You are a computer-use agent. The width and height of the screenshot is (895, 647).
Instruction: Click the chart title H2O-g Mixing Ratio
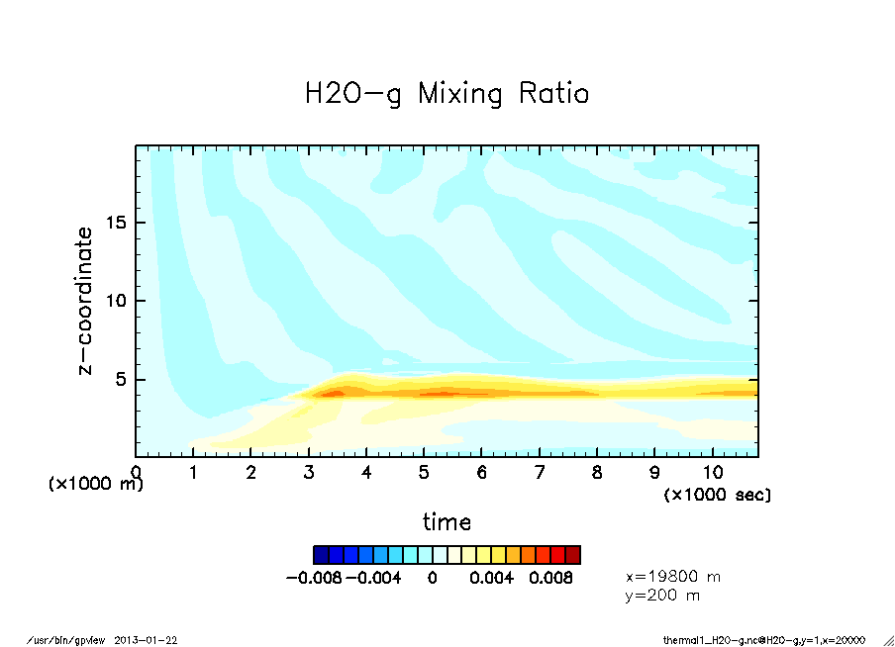pos(447,94)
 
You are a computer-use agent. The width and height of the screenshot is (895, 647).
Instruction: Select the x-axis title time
pos(447,522)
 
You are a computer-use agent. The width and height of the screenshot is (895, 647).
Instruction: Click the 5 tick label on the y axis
pos(124,379)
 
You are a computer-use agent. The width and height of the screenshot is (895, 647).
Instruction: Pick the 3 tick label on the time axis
pos(309,473)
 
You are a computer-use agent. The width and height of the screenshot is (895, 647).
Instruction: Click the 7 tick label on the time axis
pos(540,473)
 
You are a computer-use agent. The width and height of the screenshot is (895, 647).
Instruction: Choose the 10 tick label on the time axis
pos(712,473)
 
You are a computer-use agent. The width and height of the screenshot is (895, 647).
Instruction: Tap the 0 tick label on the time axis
pos(137,473)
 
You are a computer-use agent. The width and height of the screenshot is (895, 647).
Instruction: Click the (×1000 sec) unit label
pos(717,494)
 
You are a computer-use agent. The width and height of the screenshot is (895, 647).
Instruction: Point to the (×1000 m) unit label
pos(96,484)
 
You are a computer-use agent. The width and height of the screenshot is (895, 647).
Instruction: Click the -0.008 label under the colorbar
pos(313,578)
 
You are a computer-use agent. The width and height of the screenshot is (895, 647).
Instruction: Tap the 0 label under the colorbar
pos(433,578)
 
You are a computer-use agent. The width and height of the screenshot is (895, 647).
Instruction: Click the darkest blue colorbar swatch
pos(321,554)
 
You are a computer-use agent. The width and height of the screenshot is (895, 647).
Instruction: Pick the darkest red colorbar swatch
pos(572,554)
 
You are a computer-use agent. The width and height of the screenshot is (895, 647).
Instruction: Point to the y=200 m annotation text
pos(663,596)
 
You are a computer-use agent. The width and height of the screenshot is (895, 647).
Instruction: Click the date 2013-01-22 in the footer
pos(153,640)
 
